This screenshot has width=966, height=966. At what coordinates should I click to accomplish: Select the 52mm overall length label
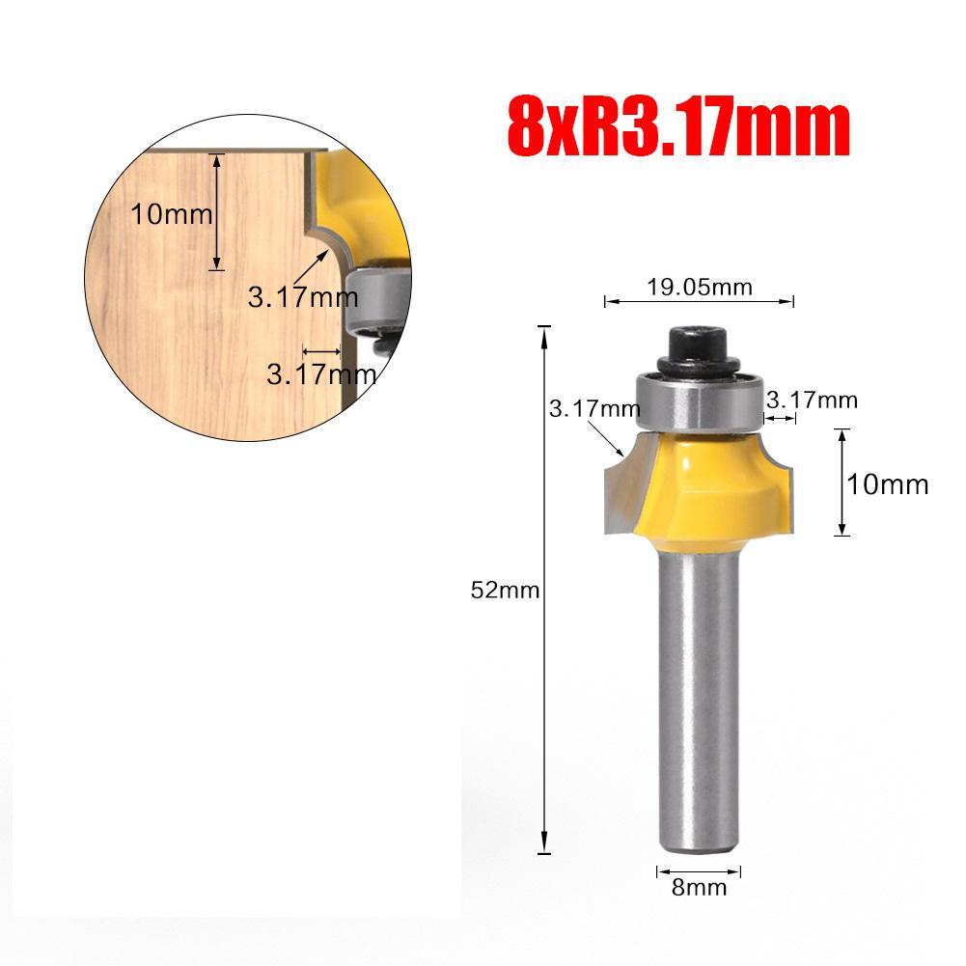[504, 592]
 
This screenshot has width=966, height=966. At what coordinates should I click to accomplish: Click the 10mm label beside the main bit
[888, 483]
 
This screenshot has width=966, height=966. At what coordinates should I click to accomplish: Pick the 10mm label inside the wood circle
[171, 214]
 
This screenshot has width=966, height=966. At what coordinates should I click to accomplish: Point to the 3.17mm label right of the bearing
[811, 399]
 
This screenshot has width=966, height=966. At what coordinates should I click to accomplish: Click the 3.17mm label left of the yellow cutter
[594, 408]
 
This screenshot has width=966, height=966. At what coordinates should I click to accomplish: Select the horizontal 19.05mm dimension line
[699, 302]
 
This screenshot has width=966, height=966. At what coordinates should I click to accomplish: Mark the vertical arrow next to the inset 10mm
[218, 211]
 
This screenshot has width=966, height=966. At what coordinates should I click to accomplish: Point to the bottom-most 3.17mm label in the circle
[320, 374]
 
